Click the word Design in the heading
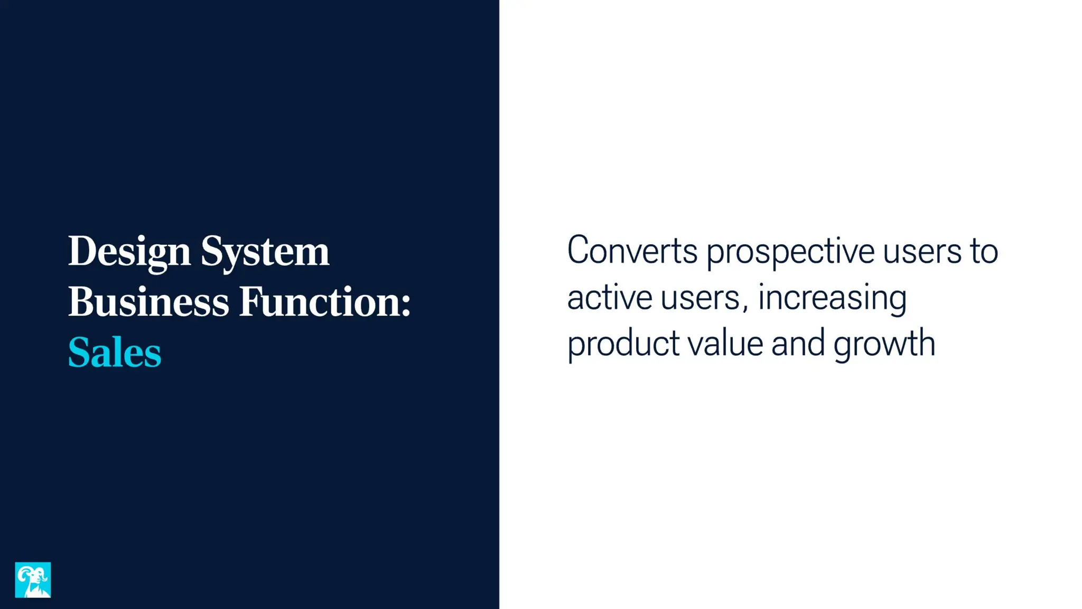[x=129, y=252]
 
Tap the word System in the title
[x=265, y=252]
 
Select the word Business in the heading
[x=148, y=302]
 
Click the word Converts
[x=632, y=251]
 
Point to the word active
[x=610, y=298]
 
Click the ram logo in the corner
[x=33, y=580]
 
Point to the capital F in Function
[x=249, y=301]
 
